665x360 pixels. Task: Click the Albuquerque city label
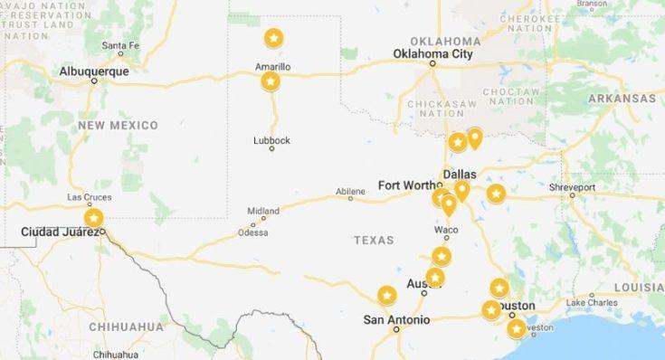point(93,71)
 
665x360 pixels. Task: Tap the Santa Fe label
point(119,45)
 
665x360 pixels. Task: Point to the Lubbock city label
point(271,140)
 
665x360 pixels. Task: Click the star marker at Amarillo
point(270,82)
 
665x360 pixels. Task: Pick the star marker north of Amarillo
point(273,39)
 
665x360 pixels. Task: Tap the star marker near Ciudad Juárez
point(93,218)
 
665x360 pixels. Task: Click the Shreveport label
point(572,187)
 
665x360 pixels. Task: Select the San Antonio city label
point(396,319)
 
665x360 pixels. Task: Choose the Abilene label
point(350,191)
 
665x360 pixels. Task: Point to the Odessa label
point(252,232)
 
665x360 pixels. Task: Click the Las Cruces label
point(89,197)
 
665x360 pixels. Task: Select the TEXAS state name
point(374,240)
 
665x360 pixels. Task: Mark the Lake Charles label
point(591,302)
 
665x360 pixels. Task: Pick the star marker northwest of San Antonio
point(386,295)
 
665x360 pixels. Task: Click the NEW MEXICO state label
point(118,125)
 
